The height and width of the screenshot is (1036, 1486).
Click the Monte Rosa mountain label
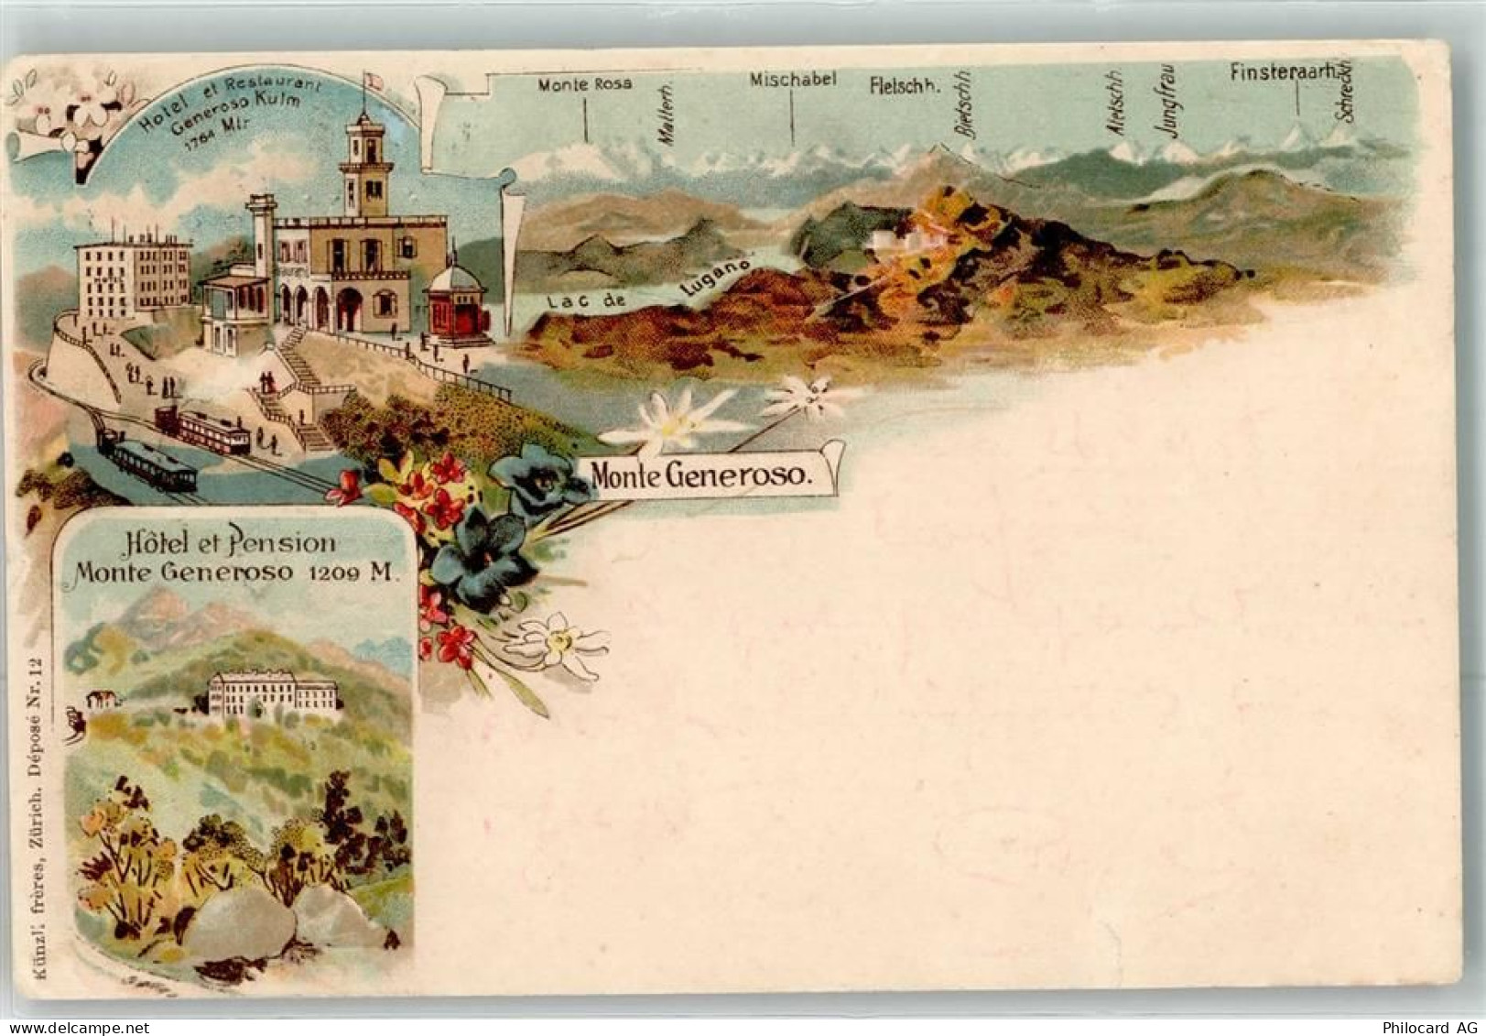[584, 84]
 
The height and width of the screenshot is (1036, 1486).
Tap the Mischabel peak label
[792, 80]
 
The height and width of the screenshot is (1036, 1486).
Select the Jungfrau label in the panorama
[1169, 104]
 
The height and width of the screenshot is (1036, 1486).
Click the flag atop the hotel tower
[370, 81]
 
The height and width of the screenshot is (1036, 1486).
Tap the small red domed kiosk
[455, 305]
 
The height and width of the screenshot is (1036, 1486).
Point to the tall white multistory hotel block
[133, 275]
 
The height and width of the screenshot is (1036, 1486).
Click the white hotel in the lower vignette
[272, 693]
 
